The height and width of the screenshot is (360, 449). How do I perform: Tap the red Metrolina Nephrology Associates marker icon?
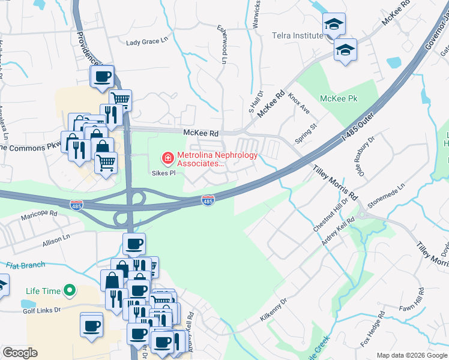coord(167,158)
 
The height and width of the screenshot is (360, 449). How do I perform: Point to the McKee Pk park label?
coord(339,98)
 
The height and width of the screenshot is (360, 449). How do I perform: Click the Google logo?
coord(20,353)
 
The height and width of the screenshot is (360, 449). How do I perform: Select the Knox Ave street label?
coord(298,103)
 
